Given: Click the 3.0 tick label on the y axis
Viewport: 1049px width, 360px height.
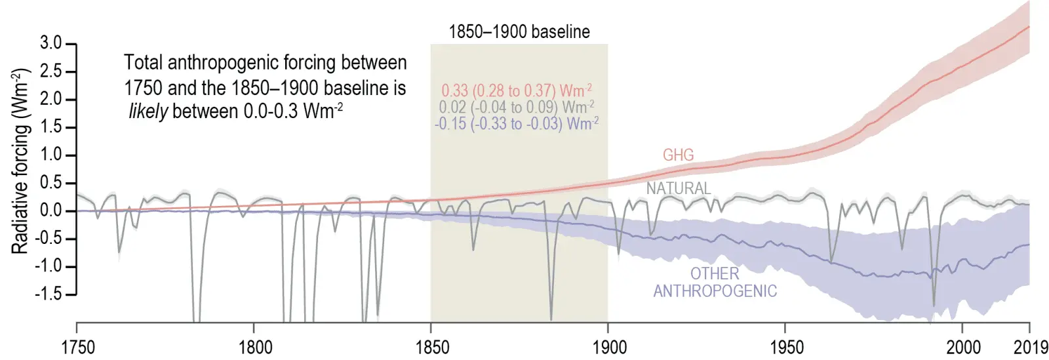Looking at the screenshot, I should coord(50,43).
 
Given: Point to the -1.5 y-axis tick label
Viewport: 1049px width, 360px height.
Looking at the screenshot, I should coord(48,294).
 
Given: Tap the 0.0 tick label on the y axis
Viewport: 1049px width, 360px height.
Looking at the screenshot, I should coord(50,210).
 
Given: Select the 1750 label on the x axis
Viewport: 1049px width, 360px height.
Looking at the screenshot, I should coord(77,347).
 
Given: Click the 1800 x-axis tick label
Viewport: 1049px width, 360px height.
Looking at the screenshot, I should coord(255,347).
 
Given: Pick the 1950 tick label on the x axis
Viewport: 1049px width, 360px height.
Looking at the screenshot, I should coord(785,347).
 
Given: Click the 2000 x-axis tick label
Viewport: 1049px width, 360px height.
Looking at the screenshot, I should coord(963,347).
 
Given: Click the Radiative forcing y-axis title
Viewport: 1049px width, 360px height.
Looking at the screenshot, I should coord(20,161).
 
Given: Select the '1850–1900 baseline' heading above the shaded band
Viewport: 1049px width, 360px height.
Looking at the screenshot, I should coord(519,31).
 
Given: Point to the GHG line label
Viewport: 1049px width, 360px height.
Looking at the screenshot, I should coord(678,155).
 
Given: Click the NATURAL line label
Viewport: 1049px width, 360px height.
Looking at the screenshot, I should coord(679,188).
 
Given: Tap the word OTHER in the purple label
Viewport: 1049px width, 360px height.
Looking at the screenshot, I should coord(715,273).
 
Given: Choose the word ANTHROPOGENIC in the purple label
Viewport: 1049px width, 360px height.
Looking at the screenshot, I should coord(715,291).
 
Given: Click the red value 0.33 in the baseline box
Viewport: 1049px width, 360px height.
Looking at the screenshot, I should coord(454,90).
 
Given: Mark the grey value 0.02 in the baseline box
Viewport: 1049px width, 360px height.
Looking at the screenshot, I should coord(452,107).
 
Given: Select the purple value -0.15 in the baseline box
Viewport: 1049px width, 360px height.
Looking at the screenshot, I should coord(450,123).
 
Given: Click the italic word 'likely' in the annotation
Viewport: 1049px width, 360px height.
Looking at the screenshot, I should coord(148,111).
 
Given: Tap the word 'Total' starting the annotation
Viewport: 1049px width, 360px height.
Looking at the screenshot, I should coord(143,63).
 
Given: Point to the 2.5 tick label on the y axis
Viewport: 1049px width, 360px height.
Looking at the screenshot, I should coord(50,71).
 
